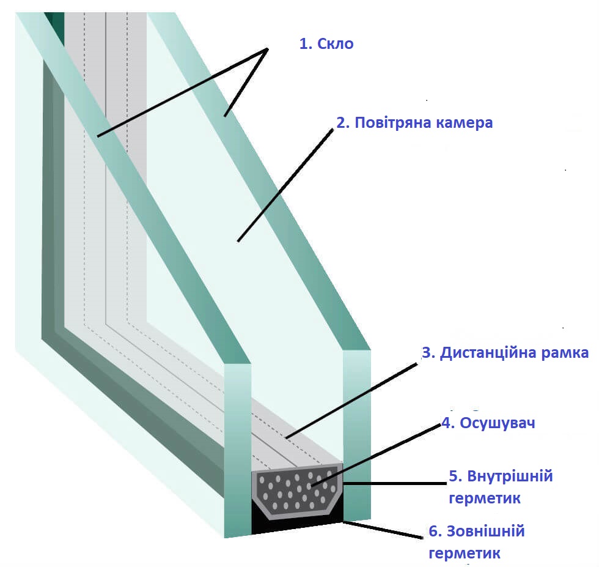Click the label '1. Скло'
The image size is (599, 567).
coord(326,43)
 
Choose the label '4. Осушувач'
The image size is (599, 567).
coord(488,423)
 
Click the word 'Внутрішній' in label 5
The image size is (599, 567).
coord(510,476)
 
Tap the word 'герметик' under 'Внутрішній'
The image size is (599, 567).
coord(484,498)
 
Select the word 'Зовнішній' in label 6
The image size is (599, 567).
coord(485,531)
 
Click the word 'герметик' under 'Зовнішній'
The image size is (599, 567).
coord(465,554)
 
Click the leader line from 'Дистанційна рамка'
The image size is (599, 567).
coord(351,401)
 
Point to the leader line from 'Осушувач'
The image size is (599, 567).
coord(376,455)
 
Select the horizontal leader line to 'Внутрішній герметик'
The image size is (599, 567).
coord(395,484)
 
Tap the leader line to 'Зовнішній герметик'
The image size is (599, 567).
coord(383,530)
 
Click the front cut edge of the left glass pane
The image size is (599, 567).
coord(237,450)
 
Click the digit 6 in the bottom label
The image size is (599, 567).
coord(433,532)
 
